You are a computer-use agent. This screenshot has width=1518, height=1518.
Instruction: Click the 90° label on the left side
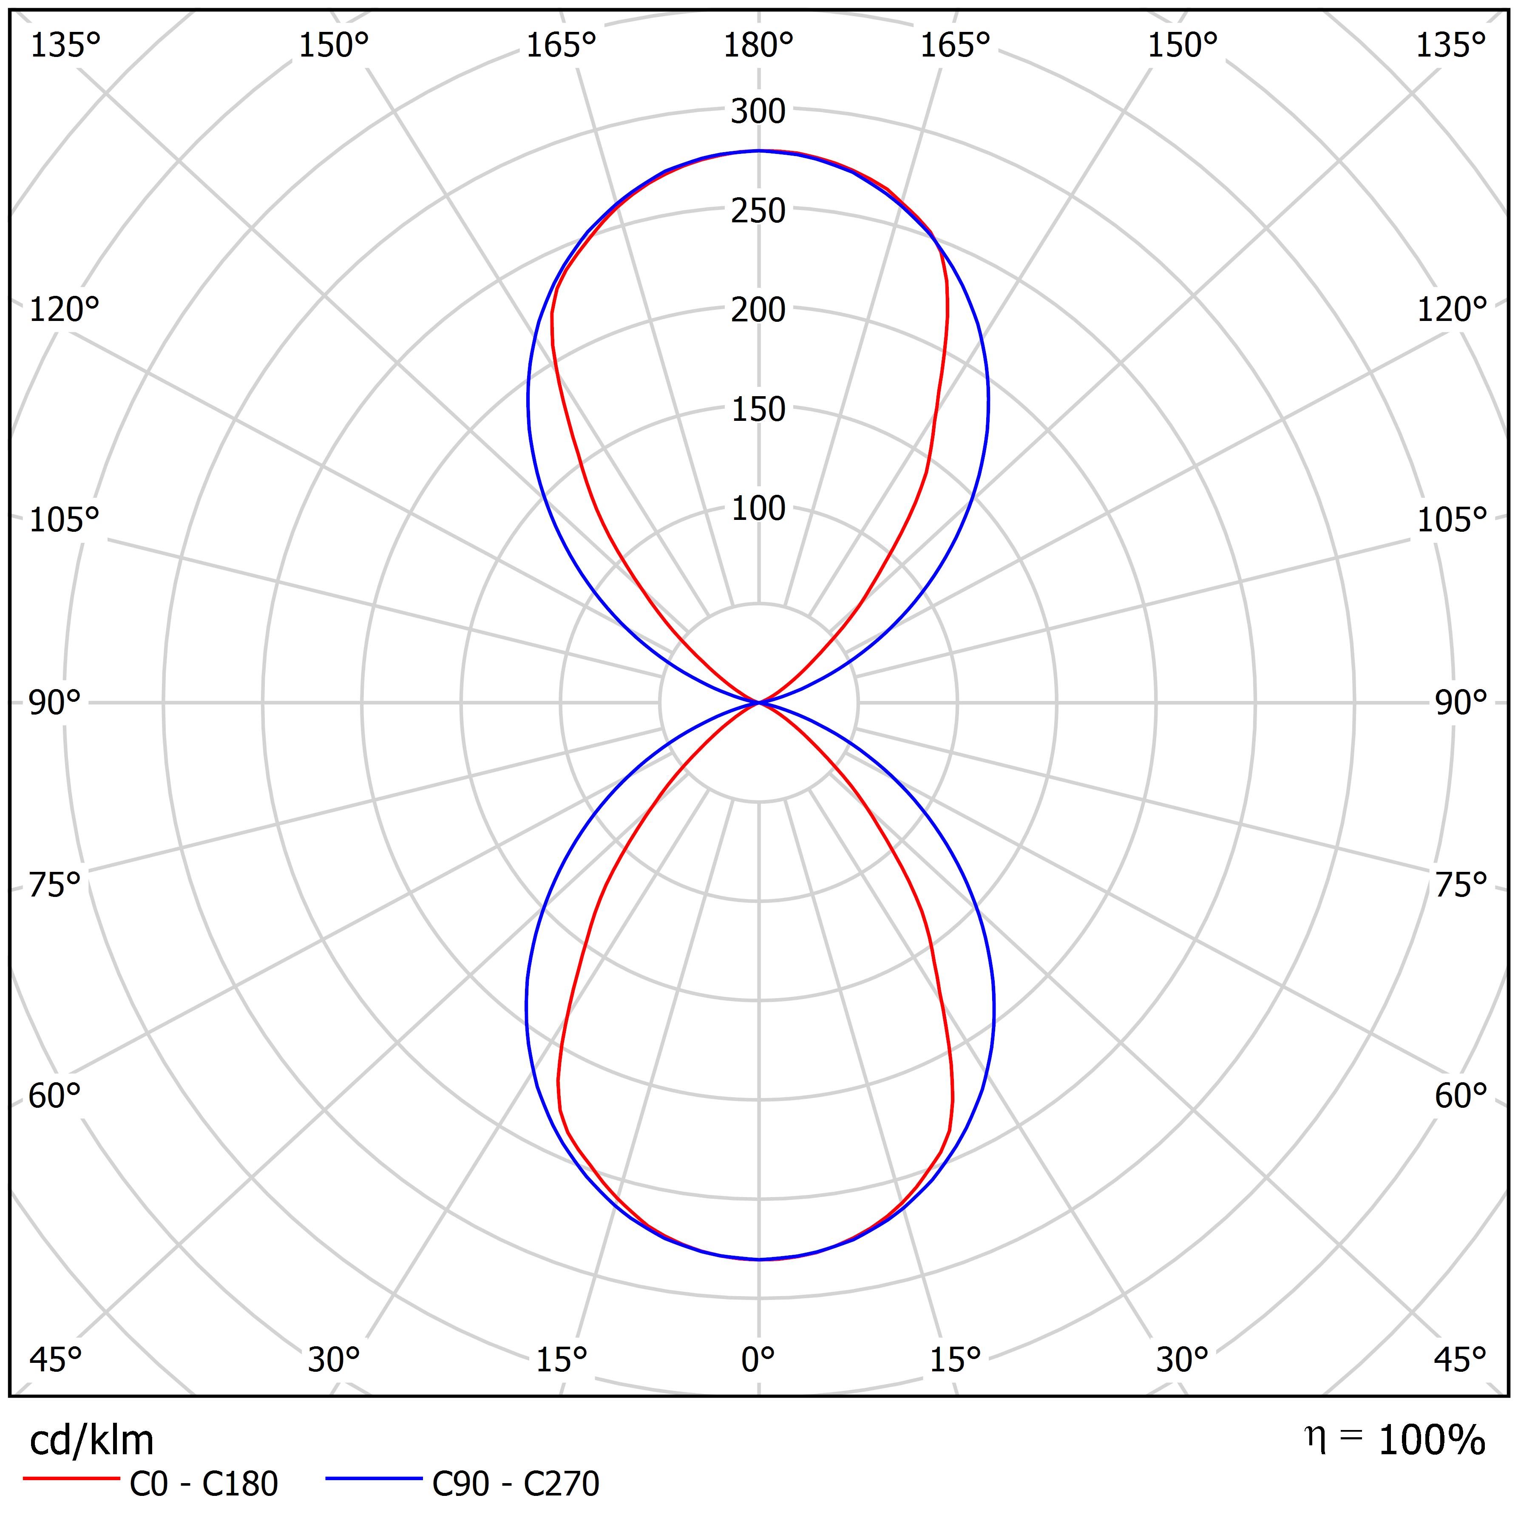[x=55, y=702]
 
